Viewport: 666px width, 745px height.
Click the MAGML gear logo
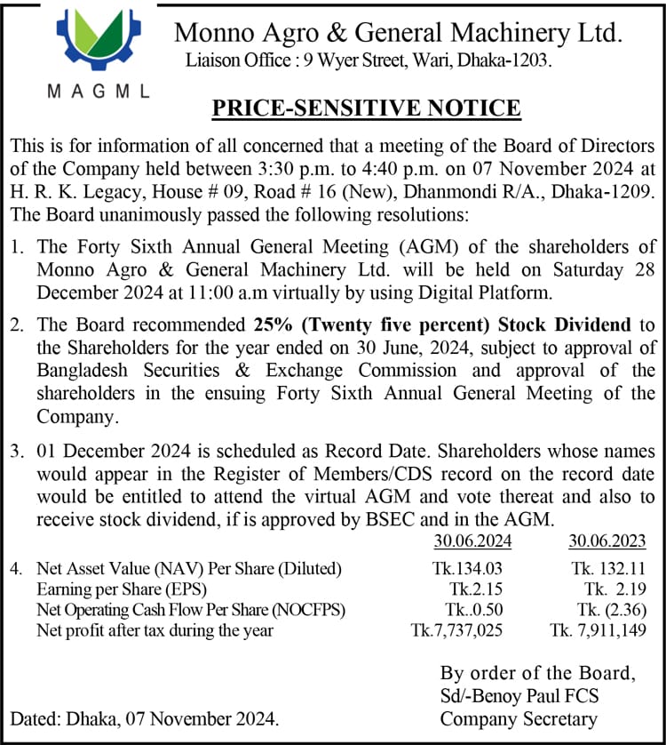coord(97,41)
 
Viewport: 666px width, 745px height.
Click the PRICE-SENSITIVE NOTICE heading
coord(366,108)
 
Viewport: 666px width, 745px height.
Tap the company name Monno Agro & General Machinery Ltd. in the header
coord(398,33)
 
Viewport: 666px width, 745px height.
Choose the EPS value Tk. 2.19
coord(614,589)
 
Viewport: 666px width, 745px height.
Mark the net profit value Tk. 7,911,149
coord(597,631)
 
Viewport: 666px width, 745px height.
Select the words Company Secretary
coord(519,719)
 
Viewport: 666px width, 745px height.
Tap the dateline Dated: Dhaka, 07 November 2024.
coord(144,719)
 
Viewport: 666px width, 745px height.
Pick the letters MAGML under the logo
coord(98,92)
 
